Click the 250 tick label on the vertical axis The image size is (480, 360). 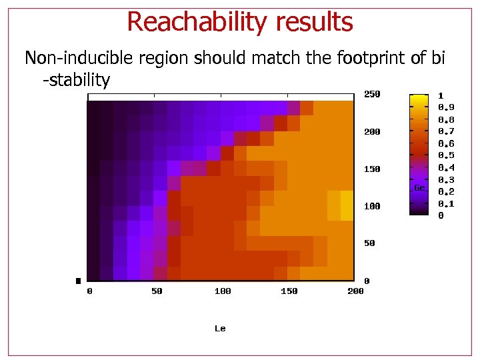click(x=372, y=95)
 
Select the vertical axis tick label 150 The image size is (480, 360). click(x=372, y=169)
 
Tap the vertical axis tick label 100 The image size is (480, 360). click(x=372, y=207)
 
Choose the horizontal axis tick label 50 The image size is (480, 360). click(x=156, y=291)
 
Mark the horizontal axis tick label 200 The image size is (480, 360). click(x=355, y=291)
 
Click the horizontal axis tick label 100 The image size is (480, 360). click(x=223, y=291)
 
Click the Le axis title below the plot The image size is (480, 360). click(x=220, y=329)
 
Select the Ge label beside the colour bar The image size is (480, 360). click(x=419, y=188)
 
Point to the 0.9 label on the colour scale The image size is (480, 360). click(x=446, y=107)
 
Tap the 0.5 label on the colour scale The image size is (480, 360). click(x=446, y=155)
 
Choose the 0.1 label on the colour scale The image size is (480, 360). click(x=446, y=204)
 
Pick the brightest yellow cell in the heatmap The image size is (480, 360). click(x=347, y=205)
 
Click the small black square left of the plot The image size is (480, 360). click(x=78, y=281)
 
